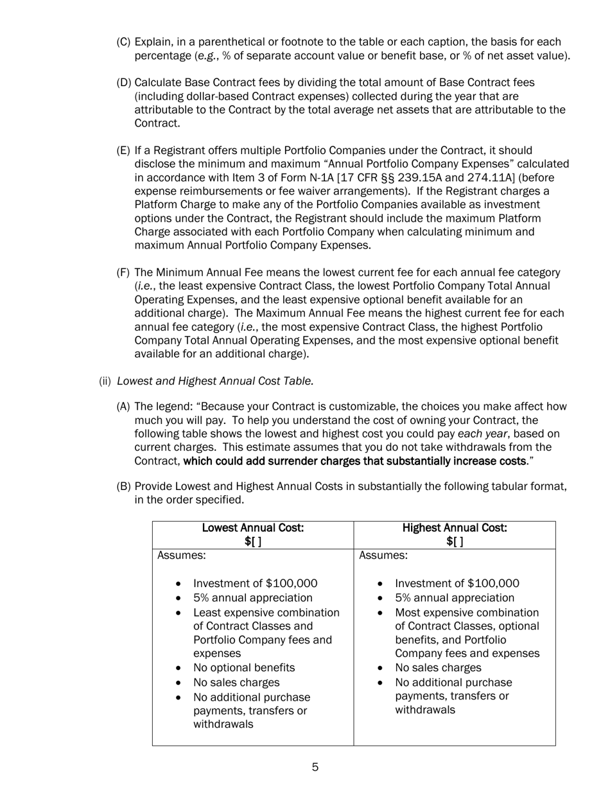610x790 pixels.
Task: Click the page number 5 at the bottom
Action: (315, 767)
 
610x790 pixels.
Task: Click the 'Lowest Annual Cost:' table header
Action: (253, 528)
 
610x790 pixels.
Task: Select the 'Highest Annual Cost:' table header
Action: (455, 528)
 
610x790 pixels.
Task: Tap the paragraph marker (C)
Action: (123, 42)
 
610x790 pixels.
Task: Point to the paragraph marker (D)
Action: (123, 83)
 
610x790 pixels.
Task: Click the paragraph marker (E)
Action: (123, 150)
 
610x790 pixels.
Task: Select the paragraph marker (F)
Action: (123, 272)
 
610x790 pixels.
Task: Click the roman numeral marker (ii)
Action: (105, 381)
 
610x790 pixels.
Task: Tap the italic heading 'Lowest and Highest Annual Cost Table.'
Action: (216, 381)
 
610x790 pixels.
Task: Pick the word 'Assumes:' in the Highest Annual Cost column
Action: (383, 555)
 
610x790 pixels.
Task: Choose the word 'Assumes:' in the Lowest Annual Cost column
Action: (182, 555)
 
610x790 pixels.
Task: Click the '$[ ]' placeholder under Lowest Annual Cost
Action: (253, 541)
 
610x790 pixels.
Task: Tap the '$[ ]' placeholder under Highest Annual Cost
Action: (455, 541)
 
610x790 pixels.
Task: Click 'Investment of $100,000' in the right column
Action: (457, 583)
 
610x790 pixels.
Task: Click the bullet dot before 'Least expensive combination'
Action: (179, 613)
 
